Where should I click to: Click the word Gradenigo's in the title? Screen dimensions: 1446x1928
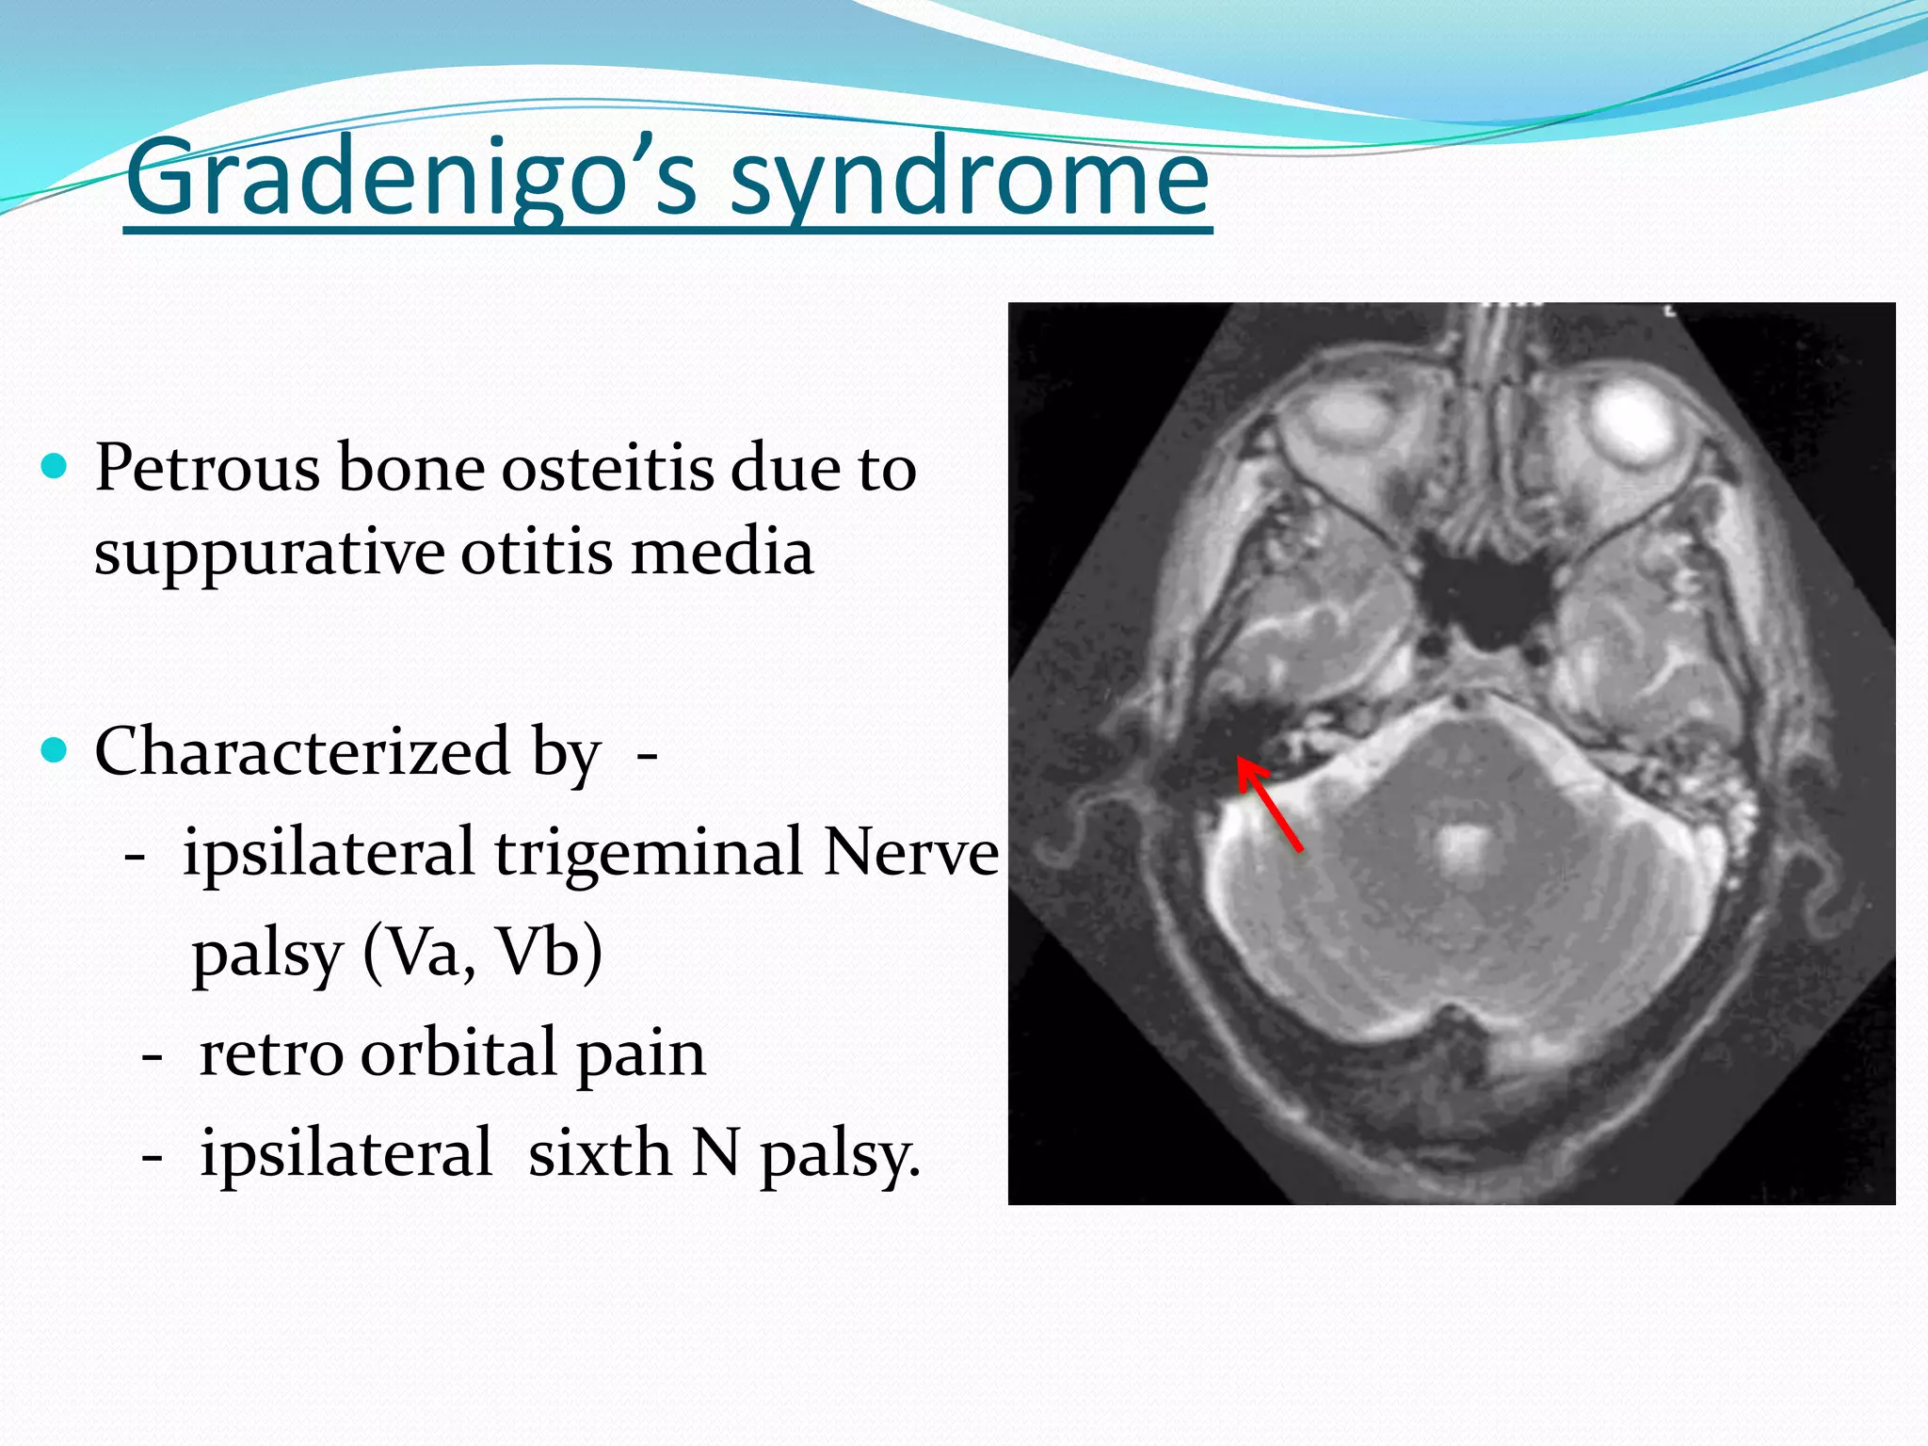pos(410,179)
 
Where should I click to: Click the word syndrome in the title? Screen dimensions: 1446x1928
pos(970,179)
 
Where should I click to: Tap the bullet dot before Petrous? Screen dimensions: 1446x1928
pos(56,466)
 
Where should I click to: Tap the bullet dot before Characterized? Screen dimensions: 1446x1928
pos(56,750)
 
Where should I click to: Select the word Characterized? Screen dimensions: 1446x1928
pos(301,752)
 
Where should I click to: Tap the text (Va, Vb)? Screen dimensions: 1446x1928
pos(482,953)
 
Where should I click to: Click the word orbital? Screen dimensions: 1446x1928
pos(459,1054)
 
